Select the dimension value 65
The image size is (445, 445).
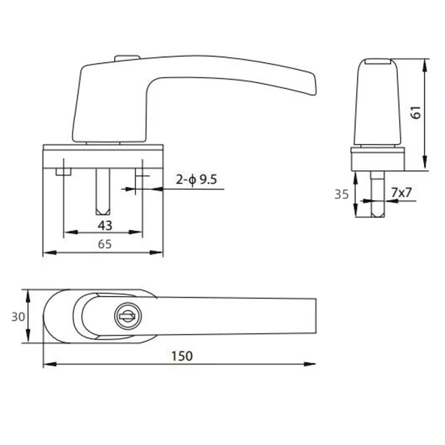click(105, 244)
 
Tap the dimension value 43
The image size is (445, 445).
click(105, 225)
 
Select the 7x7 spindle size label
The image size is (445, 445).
click(400, 192)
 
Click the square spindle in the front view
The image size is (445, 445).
click(103, 192)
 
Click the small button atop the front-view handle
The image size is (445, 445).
click(127, 58)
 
